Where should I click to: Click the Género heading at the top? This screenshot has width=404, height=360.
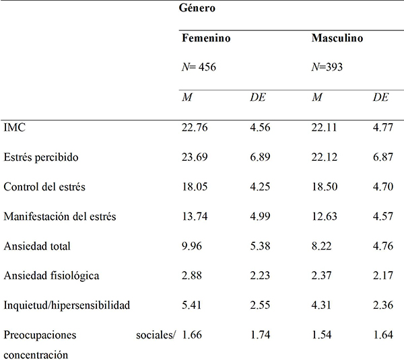click(201, 9)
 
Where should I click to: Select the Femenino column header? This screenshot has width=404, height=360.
click(207, 39)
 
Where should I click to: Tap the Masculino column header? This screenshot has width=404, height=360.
click(337, 39)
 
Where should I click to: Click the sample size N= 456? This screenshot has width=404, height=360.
click(199, 68)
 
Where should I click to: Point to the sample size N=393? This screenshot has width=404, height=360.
click(328, 68)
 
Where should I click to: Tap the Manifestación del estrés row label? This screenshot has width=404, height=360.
click(60, 217)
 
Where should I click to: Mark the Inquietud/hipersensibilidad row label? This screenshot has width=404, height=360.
click(67, 305)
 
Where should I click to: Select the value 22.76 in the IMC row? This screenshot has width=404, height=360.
click(196, 128)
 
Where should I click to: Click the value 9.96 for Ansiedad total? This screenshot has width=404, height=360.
click(193, 246)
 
